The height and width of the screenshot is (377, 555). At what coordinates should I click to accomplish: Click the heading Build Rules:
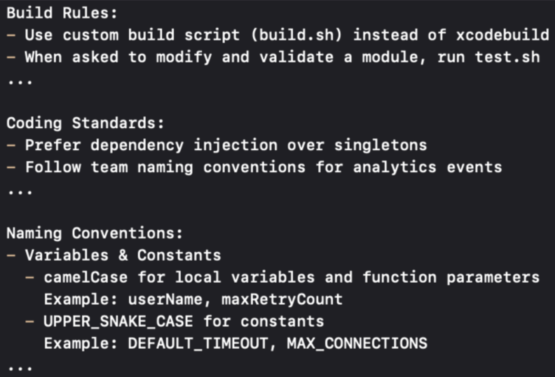pos(62,13)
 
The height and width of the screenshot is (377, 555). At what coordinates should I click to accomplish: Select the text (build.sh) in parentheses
pos(296,35)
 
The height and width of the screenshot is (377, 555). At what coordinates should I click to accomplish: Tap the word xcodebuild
pos(502,35)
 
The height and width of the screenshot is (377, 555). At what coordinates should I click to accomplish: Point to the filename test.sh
pos(507,57)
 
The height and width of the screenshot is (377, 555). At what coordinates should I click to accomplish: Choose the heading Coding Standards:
pos(85,124)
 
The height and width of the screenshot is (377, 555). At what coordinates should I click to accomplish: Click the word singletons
pos(380,145)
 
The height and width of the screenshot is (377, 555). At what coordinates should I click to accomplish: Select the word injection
pos(235,145)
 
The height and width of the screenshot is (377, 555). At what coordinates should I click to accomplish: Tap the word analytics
pos(394,167)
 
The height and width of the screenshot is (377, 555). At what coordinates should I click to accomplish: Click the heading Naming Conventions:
pos(95,233)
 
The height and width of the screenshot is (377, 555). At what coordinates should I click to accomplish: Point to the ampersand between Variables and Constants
pos(123,255)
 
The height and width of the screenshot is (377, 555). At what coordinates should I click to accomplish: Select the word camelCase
pos(85,278)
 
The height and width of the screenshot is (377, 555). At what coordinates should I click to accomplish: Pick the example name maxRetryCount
pos(282,300)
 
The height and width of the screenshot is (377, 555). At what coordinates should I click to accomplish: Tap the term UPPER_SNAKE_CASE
pos(118,321)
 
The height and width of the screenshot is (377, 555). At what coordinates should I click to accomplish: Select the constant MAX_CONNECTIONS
pos(357,344)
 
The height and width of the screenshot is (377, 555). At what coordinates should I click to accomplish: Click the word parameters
pos(493,278)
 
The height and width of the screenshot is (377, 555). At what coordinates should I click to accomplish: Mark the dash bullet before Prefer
pos(11,145)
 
